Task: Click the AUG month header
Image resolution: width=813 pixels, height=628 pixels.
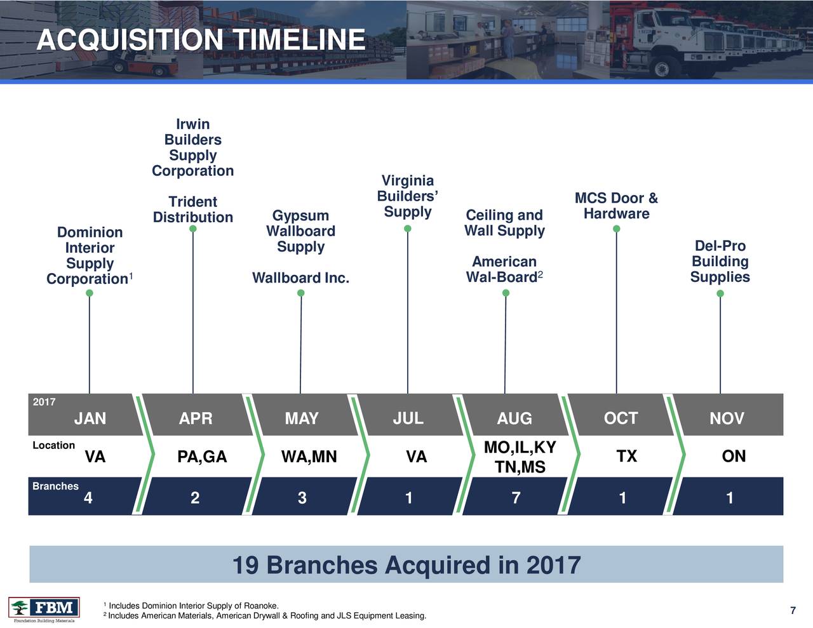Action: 514,418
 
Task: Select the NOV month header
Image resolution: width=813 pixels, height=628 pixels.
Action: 727,418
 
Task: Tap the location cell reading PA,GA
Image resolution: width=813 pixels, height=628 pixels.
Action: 202,457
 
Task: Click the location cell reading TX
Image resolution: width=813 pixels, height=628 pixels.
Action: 626,457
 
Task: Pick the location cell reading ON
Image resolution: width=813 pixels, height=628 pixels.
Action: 734,457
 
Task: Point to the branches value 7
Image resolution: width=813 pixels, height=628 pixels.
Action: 516,498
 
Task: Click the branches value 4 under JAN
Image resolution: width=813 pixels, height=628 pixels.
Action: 88,498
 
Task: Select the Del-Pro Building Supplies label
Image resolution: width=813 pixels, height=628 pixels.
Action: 720,262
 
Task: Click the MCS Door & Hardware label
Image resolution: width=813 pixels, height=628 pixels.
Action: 616,206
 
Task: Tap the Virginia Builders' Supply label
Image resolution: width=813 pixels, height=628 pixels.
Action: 408,196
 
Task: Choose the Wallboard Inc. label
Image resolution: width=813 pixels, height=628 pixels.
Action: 300,278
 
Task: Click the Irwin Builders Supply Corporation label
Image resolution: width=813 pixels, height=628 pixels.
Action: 193,147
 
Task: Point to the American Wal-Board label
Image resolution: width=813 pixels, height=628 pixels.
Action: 504,270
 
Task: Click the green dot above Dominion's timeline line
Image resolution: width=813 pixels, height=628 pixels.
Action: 90,293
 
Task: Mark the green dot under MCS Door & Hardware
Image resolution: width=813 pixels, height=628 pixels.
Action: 616,229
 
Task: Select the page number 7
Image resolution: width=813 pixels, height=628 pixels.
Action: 793,611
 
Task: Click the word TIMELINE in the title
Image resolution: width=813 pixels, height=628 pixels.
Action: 299,41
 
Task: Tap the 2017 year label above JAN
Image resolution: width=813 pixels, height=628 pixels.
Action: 44,402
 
